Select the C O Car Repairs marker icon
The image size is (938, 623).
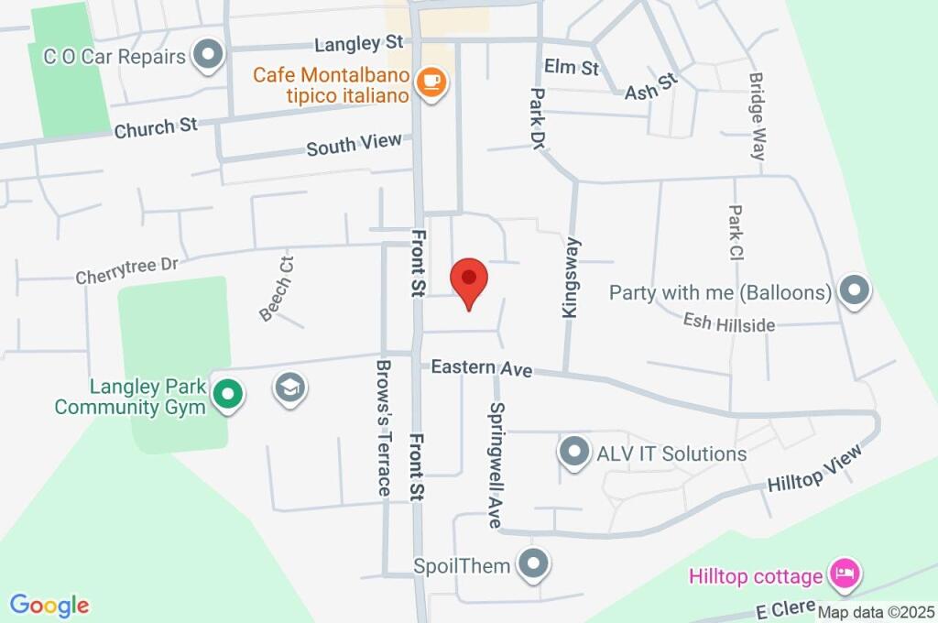point(210,56)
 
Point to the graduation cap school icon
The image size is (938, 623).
point(290,388)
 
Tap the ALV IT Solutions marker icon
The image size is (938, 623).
point(574,453)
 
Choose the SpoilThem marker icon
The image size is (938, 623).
point(532,565)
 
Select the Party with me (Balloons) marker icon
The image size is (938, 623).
point(854,292)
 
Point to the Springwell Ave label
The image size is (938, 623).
point(496,465)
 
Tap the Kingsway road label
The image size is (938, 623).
point(572,278)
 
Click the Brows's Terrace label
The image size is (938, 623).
point(384,427)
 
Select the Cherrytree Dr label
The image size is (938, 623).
point(126,270)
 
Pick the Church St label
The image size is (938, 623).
point(156,127)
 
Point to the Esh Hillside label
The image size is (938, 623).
point(729,322)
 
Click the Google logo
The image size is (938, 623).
point(49,605)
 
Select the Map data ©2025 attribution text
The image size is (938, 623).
point(877,612)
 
